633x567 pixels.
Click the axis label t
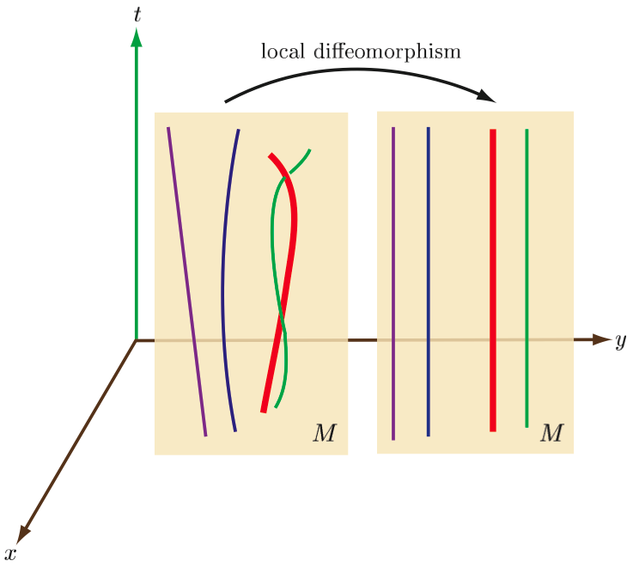[x=136, y=14]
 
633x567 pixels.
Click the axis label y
[x=620, y=342]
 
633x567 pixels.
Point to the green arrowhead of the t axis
[x=136, y=36]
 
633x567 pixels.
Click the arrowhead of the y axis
[x=601, y=339]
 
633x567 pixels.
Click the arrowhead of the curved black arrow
[x=490, y=95]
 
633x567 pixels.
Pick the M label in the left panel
[x=324, y=434]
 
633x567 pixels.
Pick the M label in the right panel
[x=551, y=433]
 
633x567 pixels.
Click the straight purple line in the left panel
[x=186, y=283]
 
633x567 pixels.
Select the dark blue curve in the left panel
[x=224, y=283]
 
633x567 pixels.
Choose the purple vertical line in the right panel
[x=393, y=283]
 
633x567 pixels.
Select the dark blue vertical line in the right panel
[x=428, y=283]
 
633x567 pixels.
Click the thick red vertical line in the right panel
[x=493, y=283]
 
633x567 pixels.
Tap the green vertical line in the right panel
[x=526, y=283]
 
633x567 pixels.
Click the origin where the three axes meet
[x=136, y=341]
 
